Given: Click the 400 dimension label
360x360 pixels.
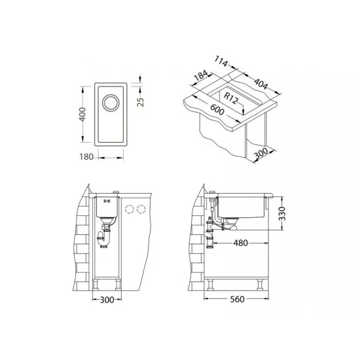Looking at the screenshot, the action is click(x=82, y=114).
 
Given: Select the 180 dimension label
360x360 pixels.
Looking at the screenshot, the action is click(x=86, y=157).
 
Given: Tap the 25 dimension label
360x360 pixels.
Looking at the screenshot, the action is click(x=140, y=102).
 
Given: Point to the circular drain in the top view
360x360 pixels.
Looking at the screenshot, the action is click(x=111, y=103).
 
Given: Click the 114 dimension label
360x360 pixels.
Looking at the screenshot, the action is click(x=221, y=62).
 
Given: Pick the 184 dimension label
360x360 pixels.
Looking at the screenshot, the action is click(x=201, y=75).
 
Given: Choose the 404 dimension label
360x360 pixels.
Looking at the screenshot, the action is click(x=261, y=83).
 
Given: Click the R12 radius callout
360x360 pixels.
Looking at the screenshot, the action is click(x=230, y=98).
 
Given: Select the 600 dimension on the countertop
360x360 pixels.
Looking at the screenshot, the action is click(x=217, y=109).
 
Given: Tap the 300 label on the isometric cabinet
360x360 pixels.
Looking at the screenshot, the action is click(x=261, y=154).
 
